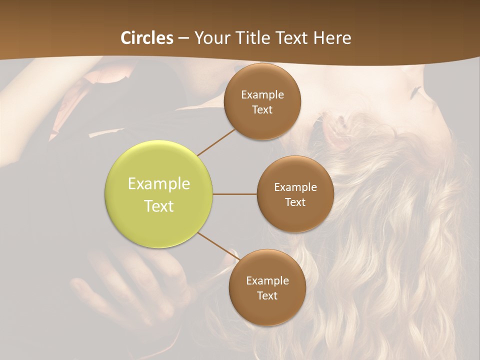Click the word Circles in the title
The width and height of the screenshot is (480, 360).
tap(147, 38)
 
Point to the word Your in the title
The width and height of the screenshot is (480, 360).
tap(211, 38)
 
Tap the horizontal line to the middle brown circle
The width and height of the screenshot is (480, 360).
tap(235, 194)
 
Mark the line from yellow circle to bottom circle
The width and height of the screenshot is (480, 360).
tap(216, 246)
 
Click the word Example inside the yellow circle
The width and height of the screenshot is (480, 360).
tap(159, 184)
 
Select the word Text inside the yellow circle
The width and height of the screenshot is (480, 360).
tap(159, 206)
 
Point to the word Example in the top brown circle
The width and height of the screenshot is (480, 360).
tap(262, 95)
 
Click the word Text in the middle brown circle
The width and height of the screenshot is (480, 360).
tap(295, 202)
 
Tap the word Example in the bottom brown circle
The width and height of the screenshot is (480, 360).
tap(267, 281)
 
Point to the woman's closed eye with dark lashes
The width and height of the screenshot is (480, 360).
tap(415, 92)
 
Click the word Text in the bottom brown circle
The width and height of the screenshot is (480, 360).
tap(267, 296)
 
